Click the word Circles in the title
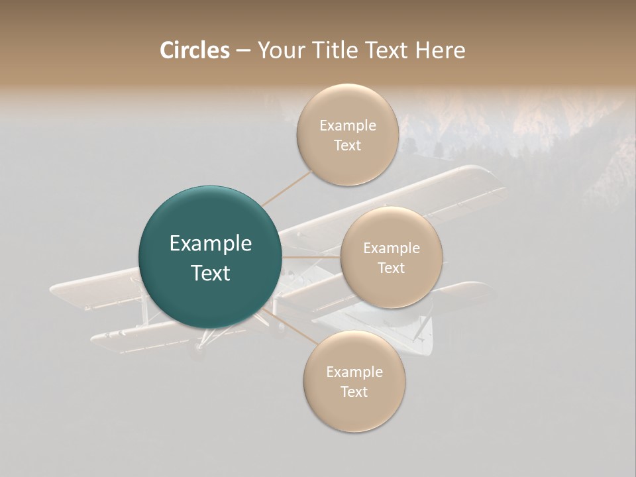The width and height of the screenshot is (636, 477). [194, 50]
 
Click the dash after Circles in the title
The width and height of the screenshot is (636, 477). [242, 51]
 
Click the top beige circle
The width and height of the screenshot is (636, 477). [348, 135]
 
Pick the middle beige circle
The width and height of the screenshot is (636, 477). [392, 258]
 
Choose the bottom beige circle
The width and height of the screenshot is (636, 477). [354, 382]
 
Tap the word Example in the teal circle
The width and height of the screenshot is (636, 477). [211, 244]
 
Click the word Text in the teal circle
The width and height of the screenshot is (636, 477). [211, 273]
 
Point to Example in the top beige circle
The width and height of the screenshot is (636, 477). [348, 126]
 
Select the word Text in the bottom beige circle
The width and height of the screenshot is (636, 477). [354, 392]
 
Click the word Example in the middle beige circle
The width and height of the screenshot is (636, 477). [392, 248]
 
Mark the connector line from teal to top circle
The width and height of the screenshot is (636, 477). [286, 187]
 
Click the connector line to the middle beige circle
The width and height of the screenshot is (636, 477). [311, 257]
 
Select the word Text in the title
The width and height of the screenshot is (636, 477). [385, 50]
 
